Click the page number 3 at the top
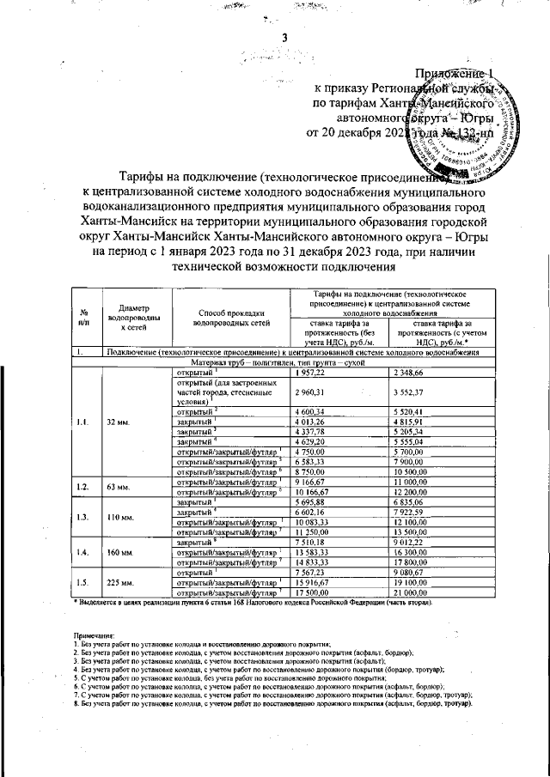(283, 37)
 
